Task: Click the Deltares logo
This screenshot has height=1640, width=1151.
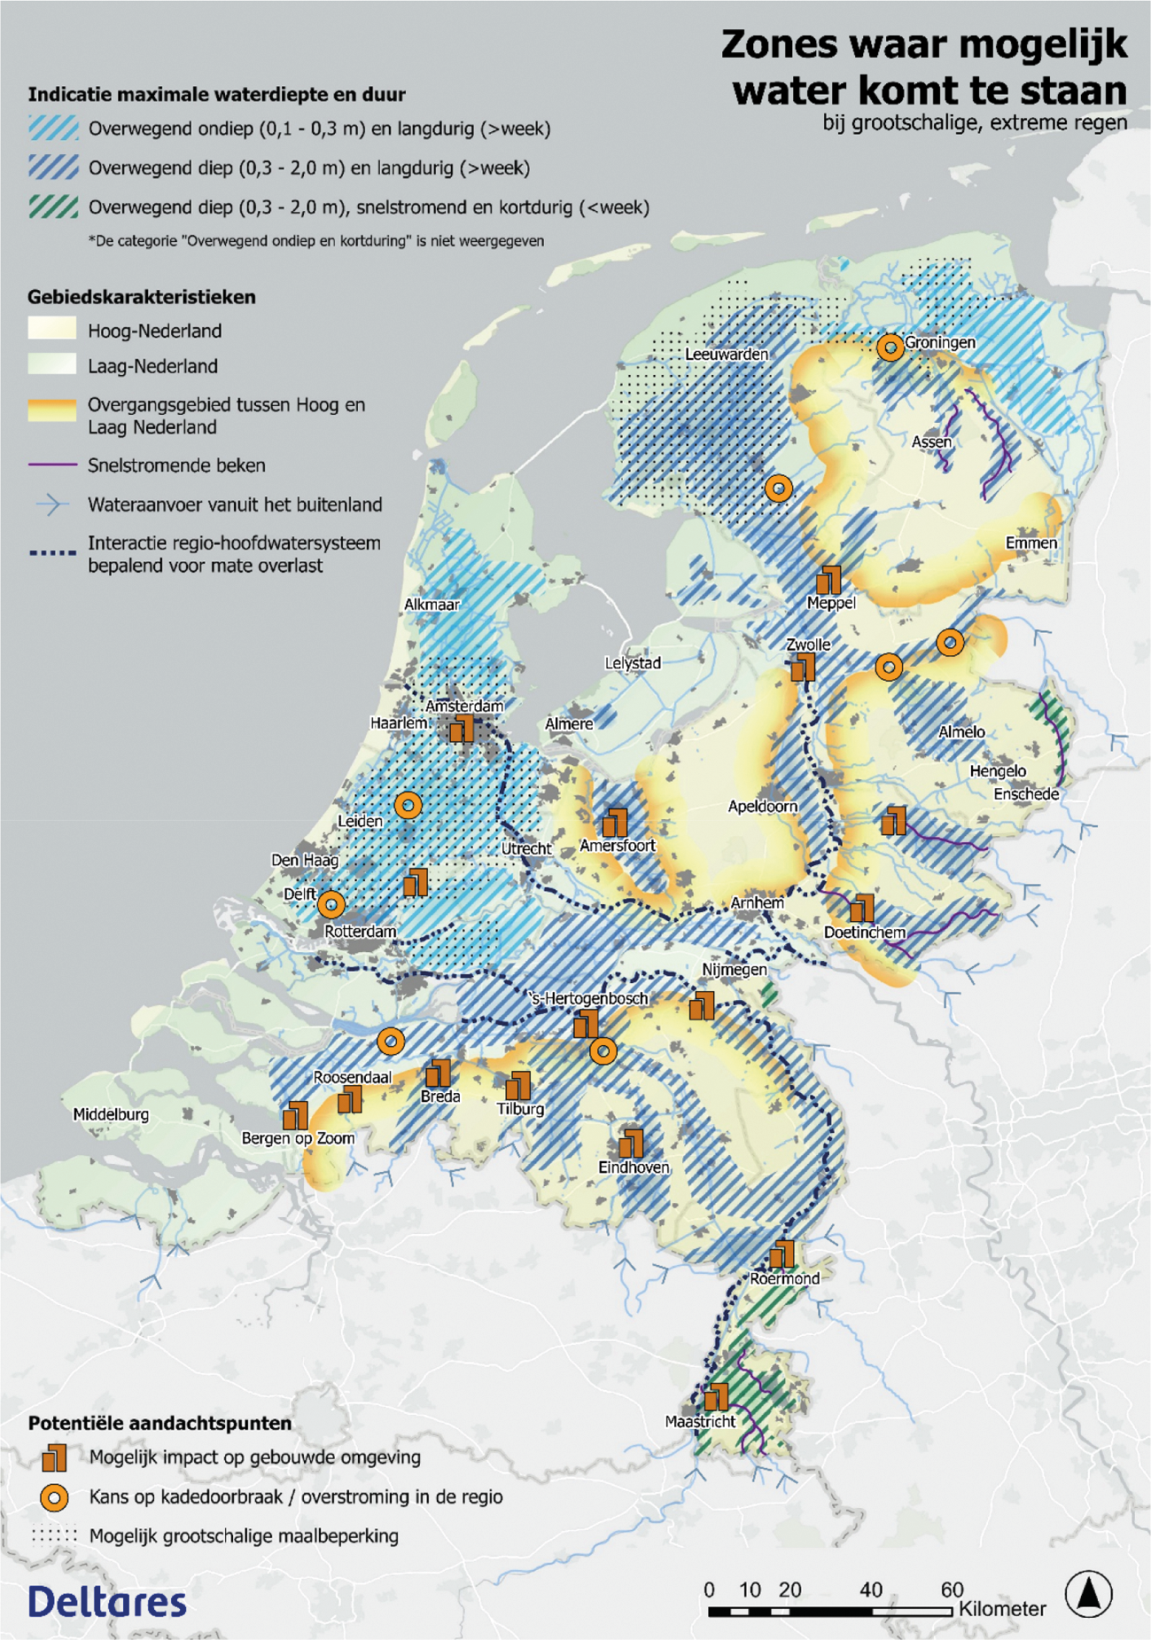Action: click(107, 1601)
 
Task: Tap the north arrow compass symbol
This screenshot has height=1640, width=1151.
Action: click(1088, 1593)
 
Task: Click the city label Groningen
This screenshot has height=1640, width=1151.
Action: click(940, 342)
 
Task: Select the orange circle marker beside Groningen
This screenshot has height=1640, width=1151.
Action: click(890, 347)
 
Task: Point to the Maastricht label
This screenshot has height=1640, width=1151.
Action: click(700, 1421)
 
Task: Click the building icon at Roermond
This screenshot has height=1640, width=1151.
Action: click(782, 1253)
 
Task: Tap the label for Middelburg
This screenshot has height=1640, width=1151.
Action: click(111, 1114)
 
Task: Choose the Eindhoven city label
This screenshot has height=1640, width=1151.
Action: click(634, 1168)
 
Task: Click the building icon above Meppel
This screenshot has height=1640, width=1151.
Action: click(828, 580)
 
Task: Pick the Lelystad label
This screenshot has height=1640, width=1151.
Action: click(633, 663)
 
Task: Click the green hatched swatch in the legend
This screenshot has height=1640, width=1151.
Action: click(53, 207)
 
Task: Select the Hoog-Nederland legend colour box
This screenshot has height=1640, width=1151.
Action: click(51, 330)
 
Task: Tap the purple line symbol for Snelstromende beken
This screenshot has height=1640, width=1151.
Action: click(51, 465)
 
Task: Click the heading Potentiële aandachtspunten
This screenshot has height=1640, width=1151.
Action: click(159, 1423)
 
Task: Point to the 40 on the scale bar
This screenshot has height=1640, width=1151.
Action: click(871, 1589)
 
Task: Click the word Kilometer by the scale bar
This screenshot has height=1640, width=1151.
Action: click(1002, 1609)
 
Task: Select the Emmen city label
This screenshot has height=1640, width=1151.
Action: click(1030, 543)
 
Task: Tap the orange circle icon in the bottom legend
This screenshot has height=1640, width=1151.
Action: click(55, 1497)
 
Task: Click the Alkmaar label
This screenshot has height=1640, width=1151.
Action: click(432, 605)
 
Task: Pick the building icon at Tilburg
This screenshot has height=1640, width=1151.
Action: click(517, 1084)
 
